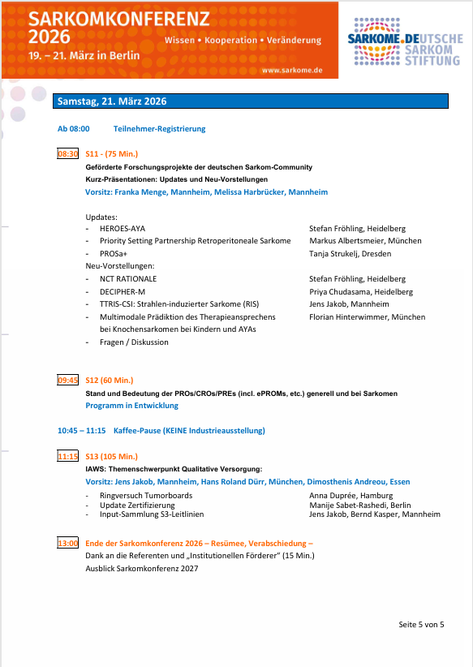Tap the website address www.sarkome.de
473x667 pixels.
point(292,71)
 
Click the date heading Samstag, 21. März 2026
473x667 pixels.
point(112,101)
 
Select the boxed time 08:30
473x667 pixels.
point(67,153)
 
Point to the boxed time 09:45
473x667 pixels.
point(67,380)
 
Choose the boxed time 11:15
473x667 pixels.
point(67,456)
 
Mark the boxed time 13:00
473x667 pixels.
point(67,543)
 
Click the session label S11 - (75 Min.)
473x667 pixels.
point(111,153)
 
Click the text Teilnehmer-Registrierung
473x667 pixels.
point(159,129)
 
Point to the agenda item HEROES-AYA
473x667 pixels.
point(122,229)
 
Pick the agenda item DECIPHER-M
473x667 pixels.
point(123,291)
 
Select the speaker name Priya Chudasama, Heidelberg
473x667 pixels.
point(361,291)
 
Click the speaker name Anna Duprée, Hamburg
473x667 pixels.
point(350,495)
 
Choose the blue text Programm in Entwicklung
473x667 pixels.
point(131,406)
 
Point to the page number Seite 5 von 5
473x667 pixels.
point(421,624)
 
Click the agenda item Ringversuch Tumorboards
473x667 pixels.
point(146,495)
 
